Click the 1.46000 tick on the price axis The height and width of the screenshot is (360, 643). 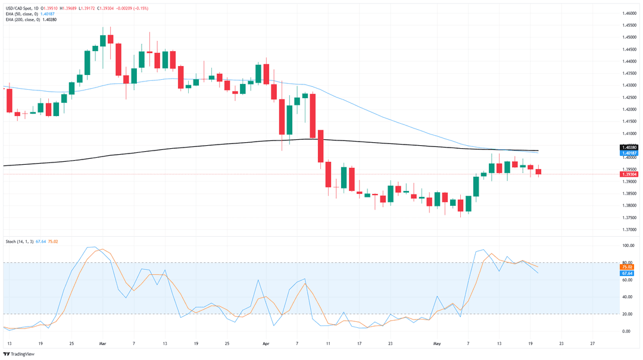coord(628,13)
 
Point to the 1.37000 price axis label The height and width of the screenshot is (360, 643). coord(628,230)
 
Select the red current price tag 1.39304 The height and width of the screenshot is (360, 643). coord(629,174)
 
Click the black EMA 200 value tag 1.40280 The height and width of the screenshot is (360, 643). coord(629,147)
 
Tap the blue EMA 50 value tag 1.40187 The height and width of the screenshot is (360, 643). coord(629,153)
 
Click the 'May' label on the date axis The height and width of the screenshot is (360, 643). coord(436,343)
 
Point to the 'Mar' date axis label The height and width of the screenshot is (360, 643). coord(102,343)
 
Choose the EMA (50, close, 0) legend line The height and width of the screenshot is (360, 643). coord(24,14)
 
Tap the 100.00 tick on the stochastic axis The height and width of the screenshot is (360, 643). coord(628,245)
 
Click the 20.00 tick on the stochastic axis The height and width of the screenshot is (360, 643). coord(628,314)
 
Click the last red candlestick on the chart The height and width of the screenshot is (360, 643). coord(538,172)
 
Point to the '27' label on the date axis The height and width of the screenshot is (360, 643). coord(592,343)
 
